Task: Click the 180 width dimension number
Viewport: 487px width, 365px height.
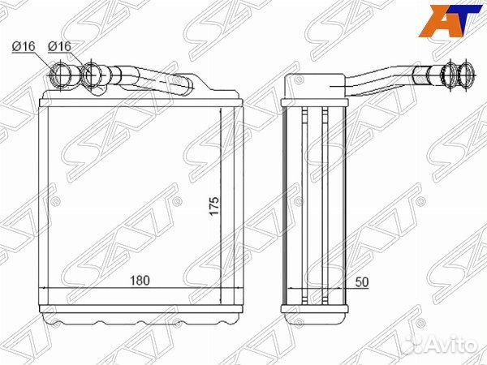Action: [x=140, y=281]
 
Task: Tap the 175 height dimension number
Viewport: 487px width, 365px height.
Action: [x=214, y=205]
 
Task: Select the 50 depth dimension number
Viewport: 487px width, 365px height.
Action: [x=362, y=281]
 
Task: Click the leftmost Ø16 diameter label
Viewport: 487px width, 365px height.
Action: [x=24, y=46]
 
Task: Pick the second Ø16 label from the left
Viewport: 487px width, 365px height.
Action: [x=59, y=46]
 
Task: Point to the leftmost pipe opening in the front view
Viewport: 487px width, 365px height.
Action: [x=61, y=75]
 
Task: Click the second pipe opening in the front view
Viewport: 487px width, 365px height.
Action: [x=92, y=75]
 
